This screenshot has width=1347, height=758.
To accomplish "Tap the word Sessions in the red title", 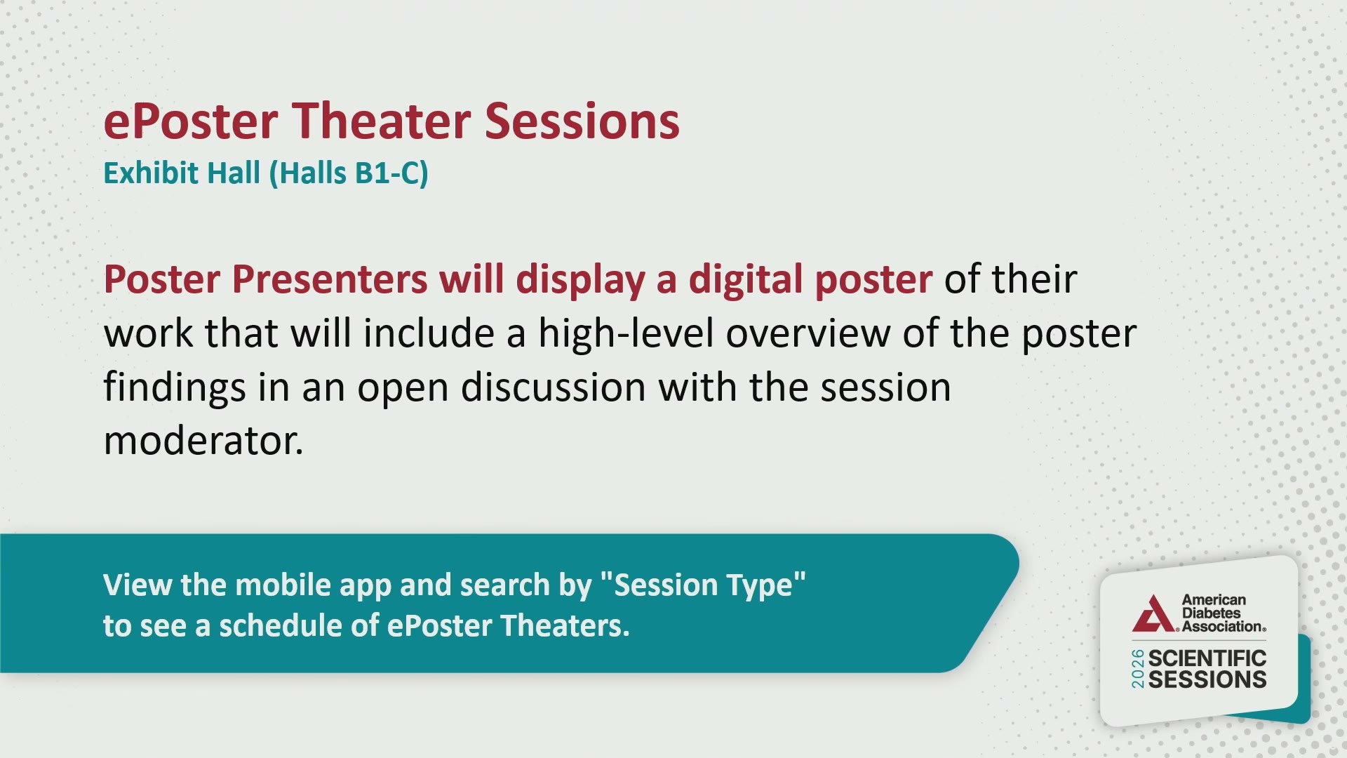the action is point(582,121).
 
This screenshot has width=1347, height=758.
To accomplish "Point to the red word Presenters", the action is point(330,279).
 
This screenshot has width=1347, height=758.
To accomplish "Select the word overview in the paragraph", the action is point(808,333).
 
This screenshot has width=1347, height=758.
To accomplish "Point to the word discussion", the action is point(554,387).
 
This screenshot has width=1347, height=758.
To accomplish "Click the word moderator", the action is point(203,441).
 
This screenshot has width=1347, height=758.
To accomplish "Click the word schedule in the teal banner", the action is point(281,625).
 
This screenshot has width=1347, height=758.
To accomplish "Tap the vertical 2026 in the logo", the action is point(1138,669).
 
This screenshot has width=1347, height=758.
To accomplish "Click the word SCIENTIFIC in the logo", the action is point(1207,658).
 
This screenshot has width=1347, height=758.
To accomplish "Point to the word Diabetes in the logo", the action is point(1211,613).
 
